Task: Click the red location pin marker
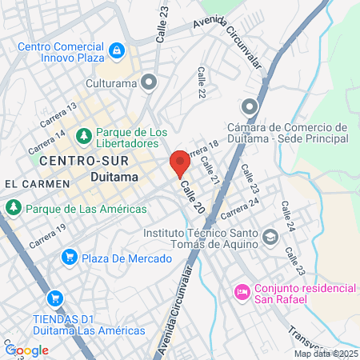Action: click(180, 163)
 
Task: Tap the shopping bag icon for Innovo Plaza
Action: click(118, 51)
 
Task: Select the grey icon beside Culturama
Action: click(148, 81)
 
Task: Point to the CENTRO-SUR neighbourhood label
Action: click(74, 161)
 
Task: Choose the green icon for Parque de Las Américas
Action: click(13, 208)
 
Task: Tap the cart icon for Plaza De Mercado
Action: click(70, 258)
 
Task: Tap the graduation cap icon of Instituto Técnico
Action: click(271, 236)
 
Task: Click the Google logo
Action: click(26, 350)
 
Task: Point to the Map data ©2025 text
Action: click(326, 354)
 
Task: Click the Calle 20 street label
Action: click(193, 196)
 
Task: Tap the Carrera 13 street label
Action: click(62, 118)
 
